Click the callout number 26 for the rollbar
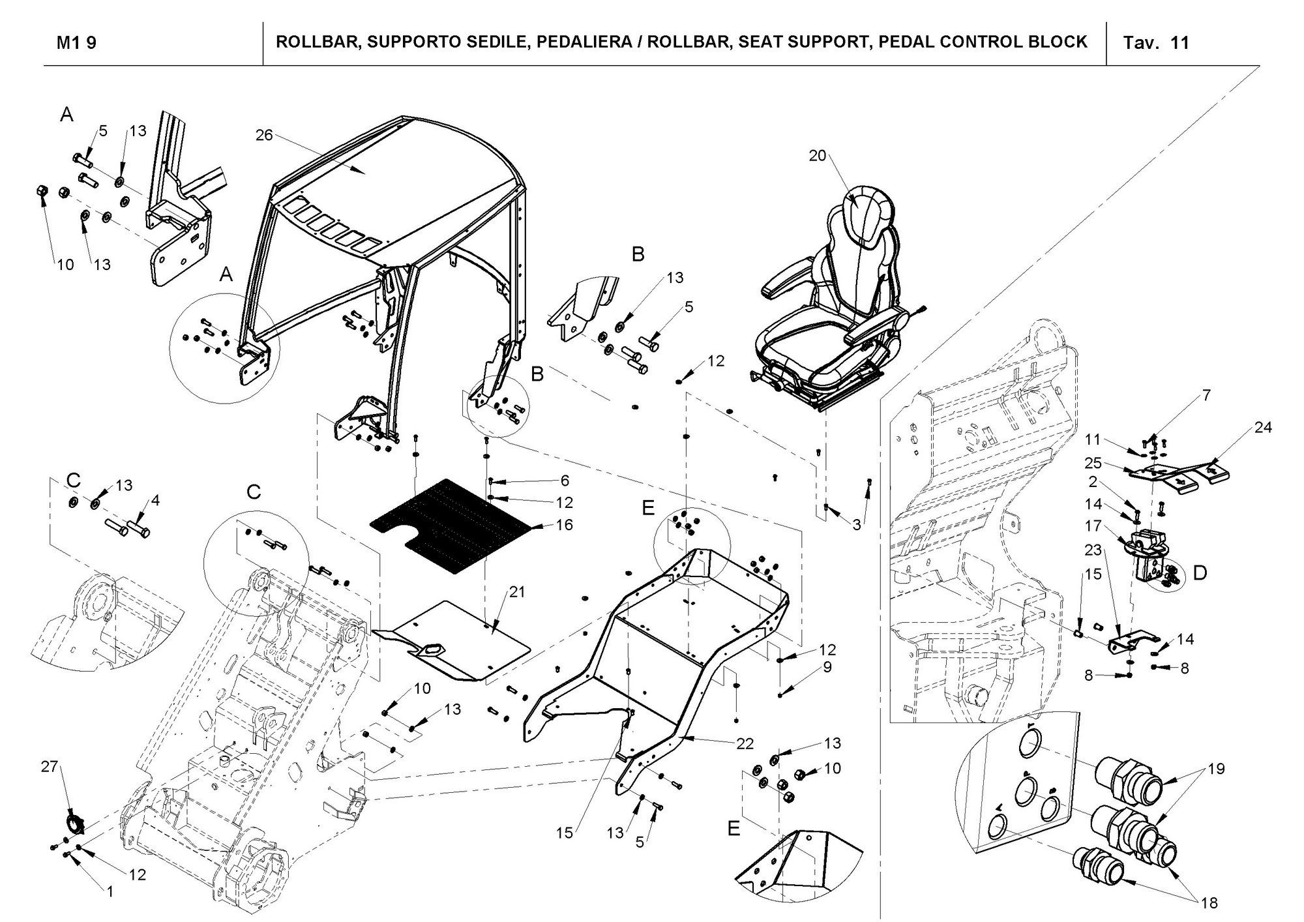coord(264,135)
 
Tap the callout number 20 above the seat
coord(818,155)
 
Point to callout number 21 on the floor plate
coord(517,592)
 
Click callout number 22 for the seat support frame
coord(745,743)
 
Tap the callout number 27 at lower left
coord(50,767)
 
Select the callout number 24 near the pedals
coord(1263,428)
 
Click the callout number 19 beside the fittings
coord(1216,769)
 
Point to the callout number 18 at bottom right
coord(1209,902)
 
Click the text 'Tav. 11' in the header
coord(1157,43)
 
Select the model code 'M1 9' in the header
coord(76,43)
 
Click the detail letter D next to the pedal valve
coord(1200,573)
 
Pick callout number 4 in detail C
coord(155,501)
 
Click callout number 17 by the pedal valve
coord(1093,526)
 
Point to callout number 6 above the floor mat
coord(565,481)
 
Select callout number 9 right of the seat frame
coord(827,667)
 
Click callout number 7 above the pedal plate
coord(1206,395)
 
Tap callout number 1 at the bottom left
coord(110,891)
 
